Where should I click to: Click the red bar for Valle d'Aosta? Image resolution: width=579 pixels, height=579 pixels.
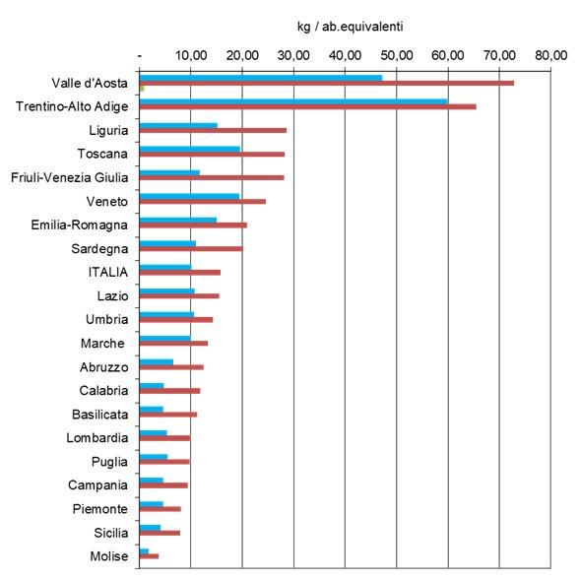click(x=327, y=83)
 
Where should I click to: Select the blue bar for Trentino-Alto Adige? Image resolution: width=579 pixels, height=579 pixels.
click(x=293, y=101)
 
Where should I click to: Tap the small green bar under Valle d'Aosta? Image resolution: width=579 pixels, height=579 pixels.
click(x=142, y=89)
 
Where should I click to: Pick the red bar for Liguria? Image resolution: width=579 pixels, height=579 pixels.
click(x=213, y=130)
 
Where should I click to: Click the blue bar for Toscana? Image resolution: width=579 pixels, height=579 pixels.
click(x=190, y=149)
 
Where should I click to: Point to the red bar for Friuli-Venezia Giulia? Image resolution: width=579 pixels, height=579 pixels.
click(x=212, y=177)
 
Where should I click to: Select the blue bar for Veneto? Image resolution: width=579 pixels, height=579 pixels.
click(x=189, y=196)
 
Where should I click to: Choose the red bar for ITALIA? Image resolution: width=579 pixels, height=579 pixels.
click(x=180, y=273)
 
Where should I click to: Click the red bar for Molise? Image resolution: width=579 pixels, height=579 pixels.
click(x=150, y=556)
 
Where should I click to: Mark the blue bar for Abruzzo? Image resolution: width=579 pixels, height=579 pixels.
click(x=157, y=362)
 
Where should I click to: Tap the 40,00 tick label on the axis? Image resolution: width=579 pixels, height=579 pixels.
click(x=345, y=55)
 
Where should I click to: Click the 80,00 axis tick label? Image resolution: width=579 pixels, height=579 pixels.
click(x=551, y=55)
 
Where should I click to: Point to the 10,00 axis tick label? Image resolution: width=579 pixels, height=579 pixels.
click(x=191, y=55)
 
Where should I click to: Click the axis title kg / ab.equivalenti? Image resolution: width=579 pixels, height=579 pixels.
click(x=351, y=27)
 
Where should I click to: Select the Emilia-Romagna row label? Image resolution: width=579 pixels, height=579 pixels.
click(x=80, y=225)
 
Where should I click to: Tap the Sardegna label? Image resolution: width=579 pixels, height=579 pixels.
click(x=99, y=249)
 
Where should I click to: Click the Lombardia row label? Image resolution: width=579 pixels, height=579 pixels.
click(x=97, y=438)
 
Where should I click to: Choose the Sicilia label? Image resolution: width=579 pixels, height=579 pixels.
click(x=110, y=533)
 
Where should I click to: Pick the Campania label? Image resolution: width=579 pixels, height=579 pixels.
click(x=97, y=485)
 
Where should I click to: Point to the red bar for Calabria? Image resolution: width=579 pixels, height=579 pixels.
click(x=169, y=391)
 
